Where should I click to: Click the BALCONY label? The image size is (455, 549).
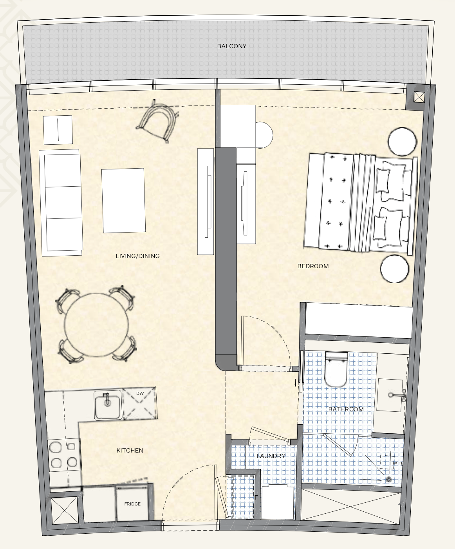(231, 46)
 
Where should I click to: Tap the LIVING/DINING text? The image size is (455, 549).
(137, 256)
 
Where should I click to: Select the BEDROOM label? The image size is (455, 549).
(313, 266)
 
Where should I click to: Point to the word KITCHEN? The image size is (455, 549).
(130, 451)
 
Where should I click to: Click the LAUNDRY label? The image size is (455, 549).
(271, 456)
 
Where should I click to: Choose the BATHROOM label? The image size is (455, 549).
(346, 409)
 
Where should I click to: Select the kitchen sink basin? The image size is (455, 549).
(108, 405)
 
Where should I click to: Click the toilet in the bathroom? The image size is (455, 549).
(336, 369)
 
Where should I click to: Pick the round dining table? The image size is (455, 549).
(96, 325)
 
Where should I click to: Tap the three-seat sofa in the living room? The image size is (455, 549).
(61, 202)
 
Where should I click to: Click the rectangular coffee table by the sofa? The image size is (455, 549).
(123, 201)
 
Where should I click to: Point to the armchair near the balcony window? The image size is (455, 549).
(157, 121)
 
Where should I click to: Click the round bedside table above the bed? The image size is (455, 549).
(402, 142)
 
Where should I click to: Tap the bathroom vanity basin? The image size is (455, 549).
(390, 395)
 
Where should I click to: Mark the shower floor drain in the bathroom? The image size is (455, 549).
(388, 480)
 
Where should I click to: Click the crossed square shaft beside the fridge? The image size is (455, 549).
(65, 511)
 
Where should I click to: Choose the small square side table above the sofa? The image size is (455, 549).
(58, 130)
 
